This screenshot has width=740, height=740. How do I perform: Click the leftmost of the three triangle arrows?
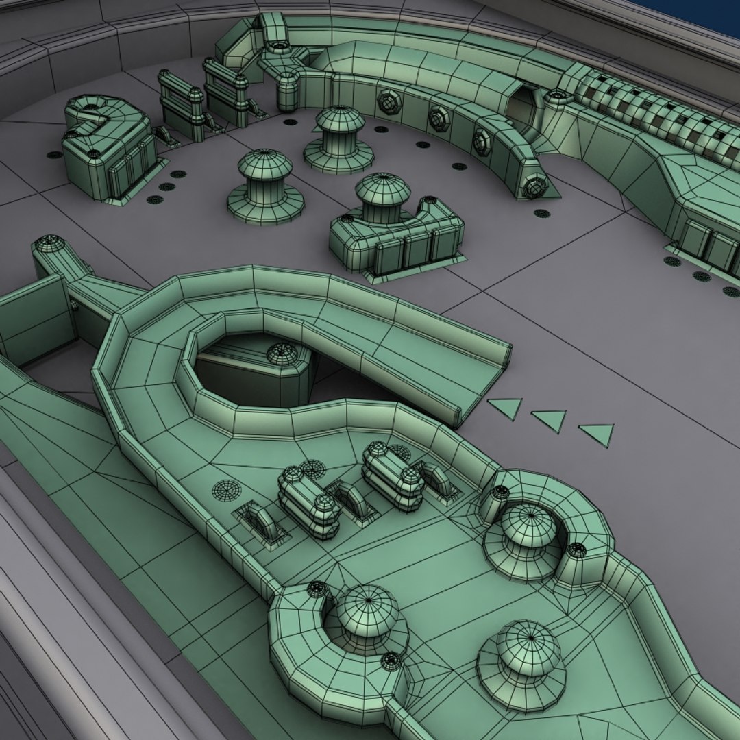click(506, 408)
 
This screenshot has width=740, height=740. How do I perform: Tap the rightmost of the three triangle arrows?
click(598, 434)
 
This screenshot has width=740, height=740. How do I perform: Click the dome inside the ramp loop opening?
click(282, 354)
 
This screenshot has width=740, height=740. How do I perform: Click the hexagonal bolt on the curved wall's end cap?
click(534, 186)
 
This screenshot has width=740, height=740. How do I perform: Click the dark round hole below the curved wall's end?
click(541, 212)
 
